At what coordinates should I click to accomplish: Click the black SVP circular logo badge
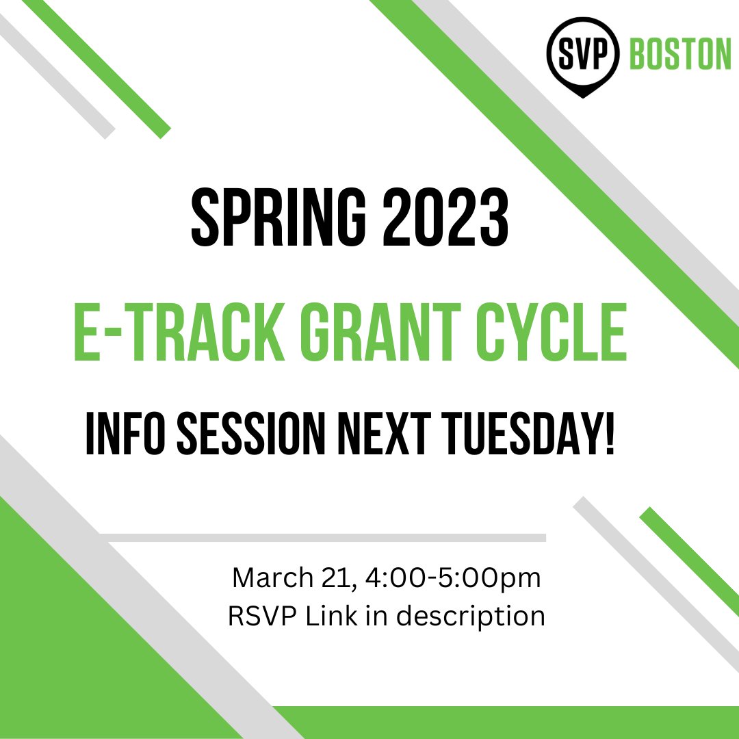[x=582, y=55]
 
